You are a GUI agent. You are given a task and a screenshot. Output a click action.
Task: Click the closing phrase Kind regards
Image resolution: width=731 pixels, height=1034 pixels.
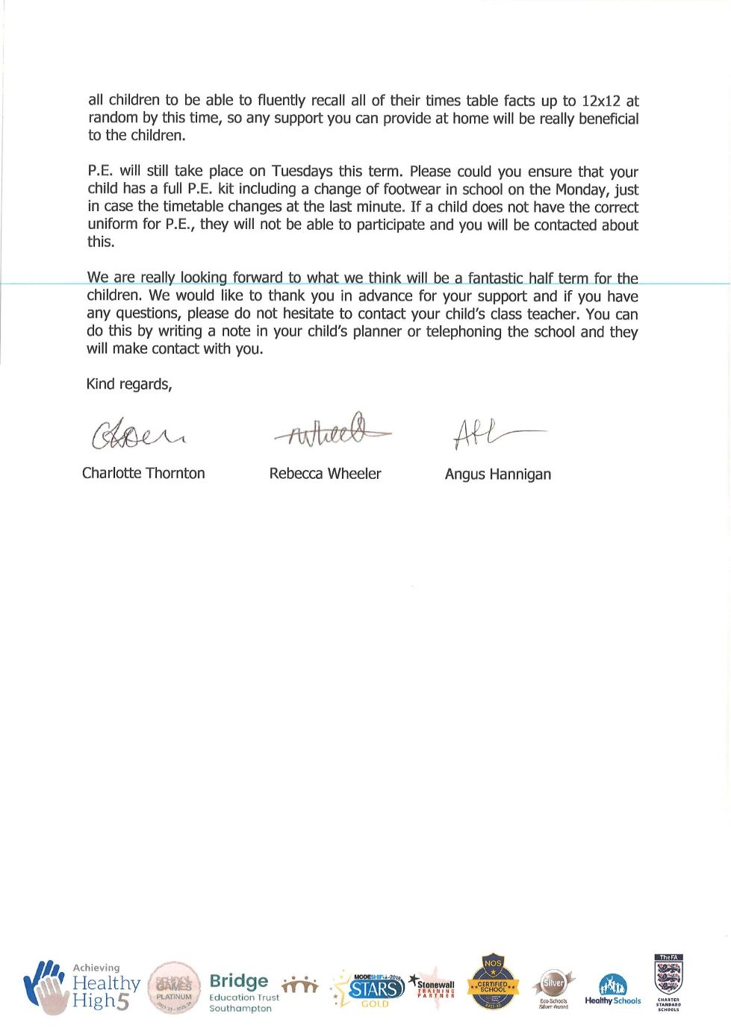129,384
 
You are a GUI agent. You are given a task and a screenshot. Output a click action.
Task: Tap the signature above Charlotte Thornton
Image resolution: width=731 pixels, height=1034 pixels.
137,433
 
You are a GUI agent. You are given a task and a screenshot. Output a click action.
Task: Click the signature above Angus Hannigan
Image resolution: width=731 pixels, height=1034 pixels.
497,433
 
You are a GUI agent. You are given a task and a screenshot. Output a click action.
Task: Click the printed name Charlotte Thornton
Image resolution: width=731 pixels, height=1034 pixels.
143,473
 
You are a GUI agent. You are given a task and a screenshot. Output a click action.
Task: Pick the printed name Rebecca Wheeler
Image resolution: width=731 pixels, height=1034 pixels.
325,474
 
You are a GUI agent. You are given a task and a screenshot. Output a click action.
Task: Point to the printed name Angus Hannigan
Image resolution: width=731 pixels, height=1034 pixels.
497,474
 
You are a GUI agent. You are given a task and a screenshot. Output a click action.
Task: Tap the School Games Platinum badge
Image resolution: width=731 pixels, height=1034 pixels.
174,988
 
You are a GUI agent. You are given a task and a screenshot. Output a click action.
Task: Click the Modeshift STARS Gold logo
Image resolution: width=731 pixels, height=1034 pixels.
370,989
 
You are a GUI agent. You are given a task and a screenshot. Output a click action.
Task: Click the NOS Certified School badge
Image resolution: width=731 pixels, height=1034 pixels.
493,982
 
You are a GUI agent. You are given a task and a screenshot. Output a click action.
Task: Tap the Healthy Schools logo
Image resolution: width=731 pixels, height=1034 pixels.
612,991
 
